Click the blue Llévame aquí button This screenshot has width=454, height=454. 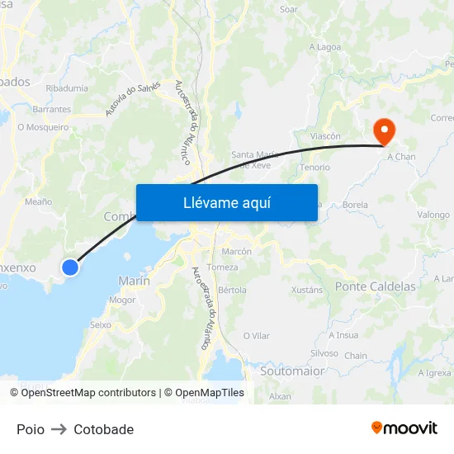pyautogui.click(x=226, y=202)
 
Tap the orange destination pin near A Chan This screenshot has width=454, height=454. pyautogui.click(x=384, y=130)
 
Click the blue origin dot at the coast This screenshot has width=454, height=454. pyautogui.click(x=70, y=267)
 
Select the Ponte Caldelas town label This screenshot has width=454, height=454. pyautogui.click(x=376, y=286)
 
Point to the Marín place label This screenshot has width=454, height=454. pyautogui.click(x=134, y=281)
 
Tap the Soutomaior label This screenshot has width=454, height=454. pyautogui.click(x=291, y=371)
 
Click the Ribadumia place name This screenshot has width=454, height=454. pyautogui.click(x=67, y=88)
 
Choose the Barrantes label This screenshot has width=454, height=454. pyautogui.click(x=51, y=109)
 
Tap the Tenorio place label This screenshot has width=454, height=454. pyautogui.click(x=314, y=167)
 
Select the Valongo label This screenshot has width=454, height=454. pyautogui.click(x=433, y=215)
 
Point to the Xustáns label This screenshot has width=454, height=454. pyautogui.click(x=307, y=290)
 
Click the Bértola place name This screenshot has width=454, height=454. pyautogui.click(x=232, y=290)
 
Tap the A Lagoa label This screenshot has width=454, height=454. pyautogui.click(x=324, y=47)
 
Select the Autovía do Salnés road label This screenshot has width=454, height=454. pyautogui.click(x=133, y=99)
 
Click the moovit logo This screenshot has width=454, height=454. pyautogui.click(x=404, y=428)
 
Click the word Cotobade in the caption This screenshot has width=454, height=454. pyautogui.click(x=103, y=429)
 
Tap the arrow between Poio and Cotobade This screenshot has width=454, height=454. pyautogui.click(x=59, y=429)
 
